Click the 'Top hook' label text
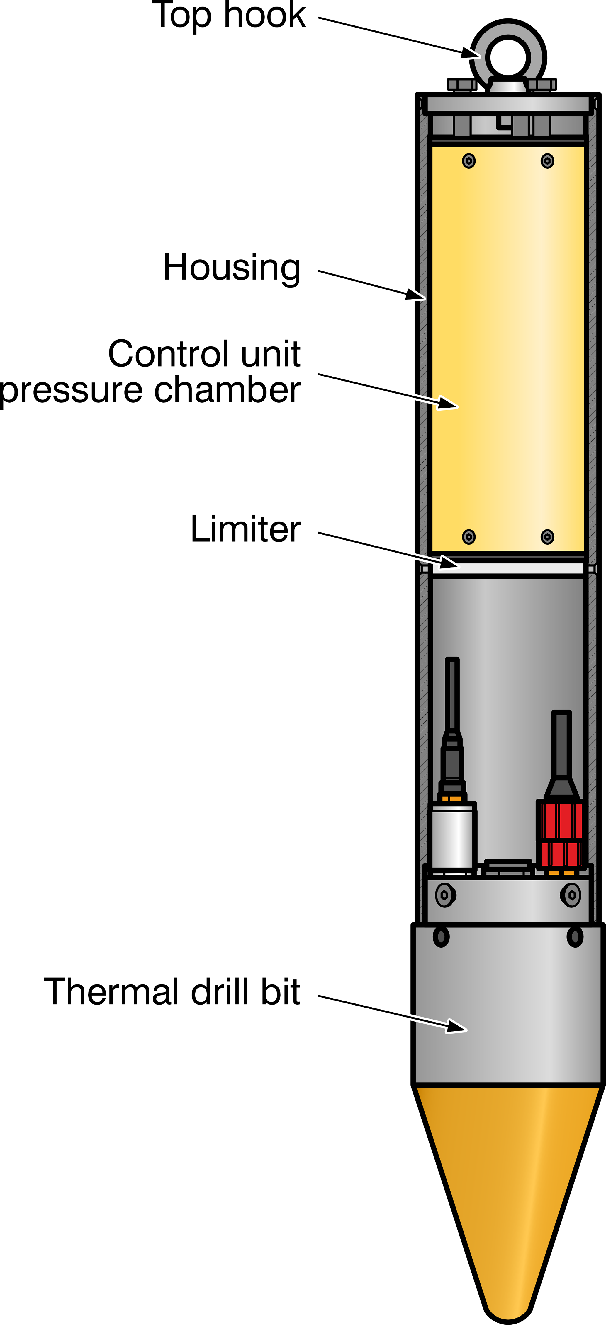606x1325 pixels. coord(229,16)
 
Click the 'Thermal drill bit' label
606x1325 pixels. coord(172,992)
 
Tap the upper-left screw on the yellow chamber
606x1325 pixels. coord(468,161)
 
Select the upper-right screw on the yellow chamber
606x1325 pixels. coord(547,161)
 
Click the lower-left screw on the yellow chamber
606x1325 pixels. coord(468,537)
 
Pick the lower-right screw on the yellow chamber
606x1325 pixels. coord(547,537)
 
